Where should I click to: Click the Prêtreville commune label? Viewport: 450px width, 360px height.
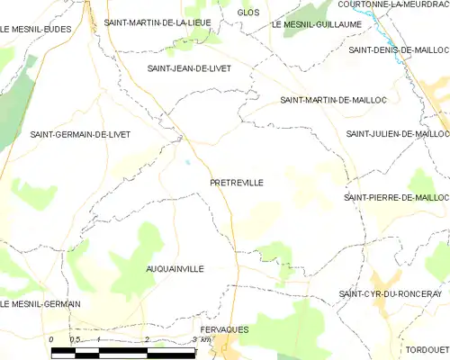(x=236, y=183)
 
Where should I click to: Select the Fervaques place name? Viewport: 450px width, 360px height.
(x=225, y=329)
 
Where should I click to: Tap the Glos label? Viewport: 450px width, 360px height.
(x=247, y=12)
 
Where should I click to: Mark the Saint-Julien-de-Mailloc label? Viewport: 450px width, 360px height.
(x=397, y=134)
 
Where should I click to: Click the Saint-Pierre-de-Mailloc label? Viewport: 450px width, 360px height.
(x=396, y=196)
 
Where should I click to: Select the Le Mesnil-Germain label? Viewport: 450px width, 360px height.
(x=40, y=304)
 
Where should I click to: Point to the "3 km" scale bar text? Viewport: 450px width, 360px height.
(x=202, y=340)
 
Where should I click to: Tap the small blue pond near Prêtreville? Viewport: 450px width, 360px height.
(x=187, y=163)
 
